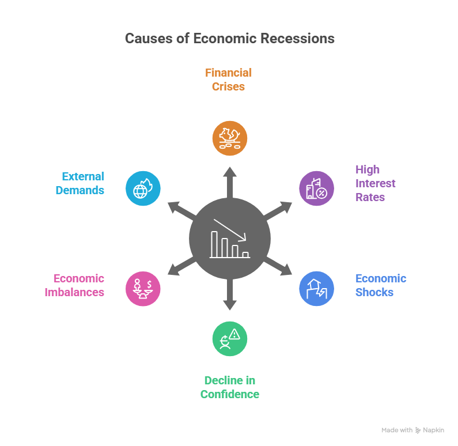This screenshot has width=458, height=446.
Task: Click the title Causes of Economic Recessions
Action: tap(229, 39)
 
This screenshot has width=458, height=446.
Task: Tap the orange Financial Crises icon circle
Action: tap(229, 138)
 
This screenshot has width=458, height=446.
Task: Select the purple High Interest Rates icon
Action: tap(316, 188)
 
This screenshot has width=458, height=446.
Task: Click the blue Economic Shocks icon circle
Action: tap(316, 288)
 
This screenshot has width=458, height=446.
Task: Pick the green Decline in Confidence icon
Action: tap(229, 338)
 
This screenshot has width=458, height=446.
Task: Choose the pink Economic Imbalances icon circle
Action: tap(143, 288)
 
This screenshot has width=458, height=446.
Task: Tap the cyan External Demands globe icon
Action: tap(143, 188)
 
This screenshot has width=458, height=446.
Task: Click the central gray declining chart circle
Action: tap(229, 238)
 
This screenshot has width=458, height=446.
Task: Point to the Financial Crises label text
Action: tap(229, 80)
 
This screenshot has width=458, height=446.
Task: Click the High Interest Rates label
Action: tap(375, 183)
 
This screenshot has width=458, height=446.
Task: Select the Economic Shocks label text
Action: tap(381, 285)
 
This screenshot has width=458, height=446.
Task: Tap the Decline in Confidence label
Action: tap(229, 387)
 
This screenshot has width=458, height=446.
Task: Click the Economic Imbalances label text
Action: tap(74, 285)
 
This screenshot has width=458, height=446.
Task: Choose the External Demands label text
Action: tap(83, 183)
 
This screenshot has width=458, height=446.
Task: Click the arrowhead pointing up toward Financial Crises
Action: tap(229, 172)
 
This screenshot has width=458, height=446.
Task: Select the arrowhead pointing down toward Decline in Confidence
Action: tap(229, 305)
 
